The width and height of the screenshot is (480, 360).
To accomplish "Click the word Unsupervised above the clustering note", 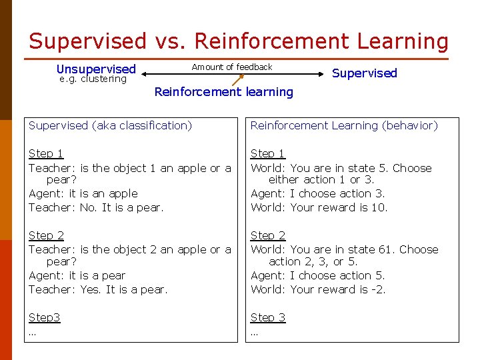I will pyautogui.click(x=96, y=69).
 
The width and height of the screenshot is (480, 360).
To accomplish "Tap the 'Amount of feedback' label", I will pyautogui.click(x=232, y=67).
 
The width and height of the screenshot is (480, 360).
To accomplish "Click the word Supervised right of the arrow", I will pyautogui.click(x=364, y=73).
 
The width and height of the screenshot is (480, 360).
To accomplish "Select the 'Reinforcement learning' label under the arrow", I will pyautogui.click(x=223, y=92).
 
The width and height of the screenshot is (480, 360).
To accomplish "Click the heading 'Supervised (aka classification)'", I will pyautogui.click(x=110, y=125).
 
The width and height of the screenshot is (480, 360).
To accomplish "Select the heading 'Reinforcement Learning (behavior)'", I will pyautogui.click(x=344, y=125).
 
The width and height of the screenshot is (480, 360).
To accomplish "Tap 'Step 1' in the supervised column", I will pyautogui.click(x=46, y=153).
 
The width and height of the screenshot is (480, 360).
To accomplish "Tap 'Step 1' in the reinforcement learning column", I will pyautogui.click(x=268, y=153).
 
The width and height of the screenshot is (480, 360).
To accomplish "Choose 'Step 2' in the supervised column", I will pyautogui.click(x=46, y=235).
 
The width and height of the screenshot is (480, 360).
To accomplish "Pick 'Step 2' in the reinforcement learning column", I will pyautogui.click(x=268, y=235).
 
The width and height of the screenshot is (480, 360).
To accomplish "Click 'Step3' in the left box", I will pyautogui.click(x=44, y=317).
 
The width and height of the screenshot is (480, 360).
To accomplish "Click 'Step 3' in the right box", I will pyautogui.click(x=268, y=317).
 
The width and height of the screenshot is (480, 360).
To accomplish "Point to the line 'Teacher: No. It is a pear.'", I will pyautogui.click(x=96, y=207).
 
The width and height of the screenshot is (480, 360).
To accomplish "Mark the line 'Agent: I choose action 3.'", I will pyautogui.click(x=318, y=194).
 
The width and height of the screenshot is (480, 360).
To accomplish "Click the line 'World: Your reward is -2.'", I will pyautogui.click(x=318, y=289).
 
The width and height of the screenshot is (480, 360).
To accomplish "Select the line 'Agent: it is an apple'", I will pyautogui.click(x=83, y=194).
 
